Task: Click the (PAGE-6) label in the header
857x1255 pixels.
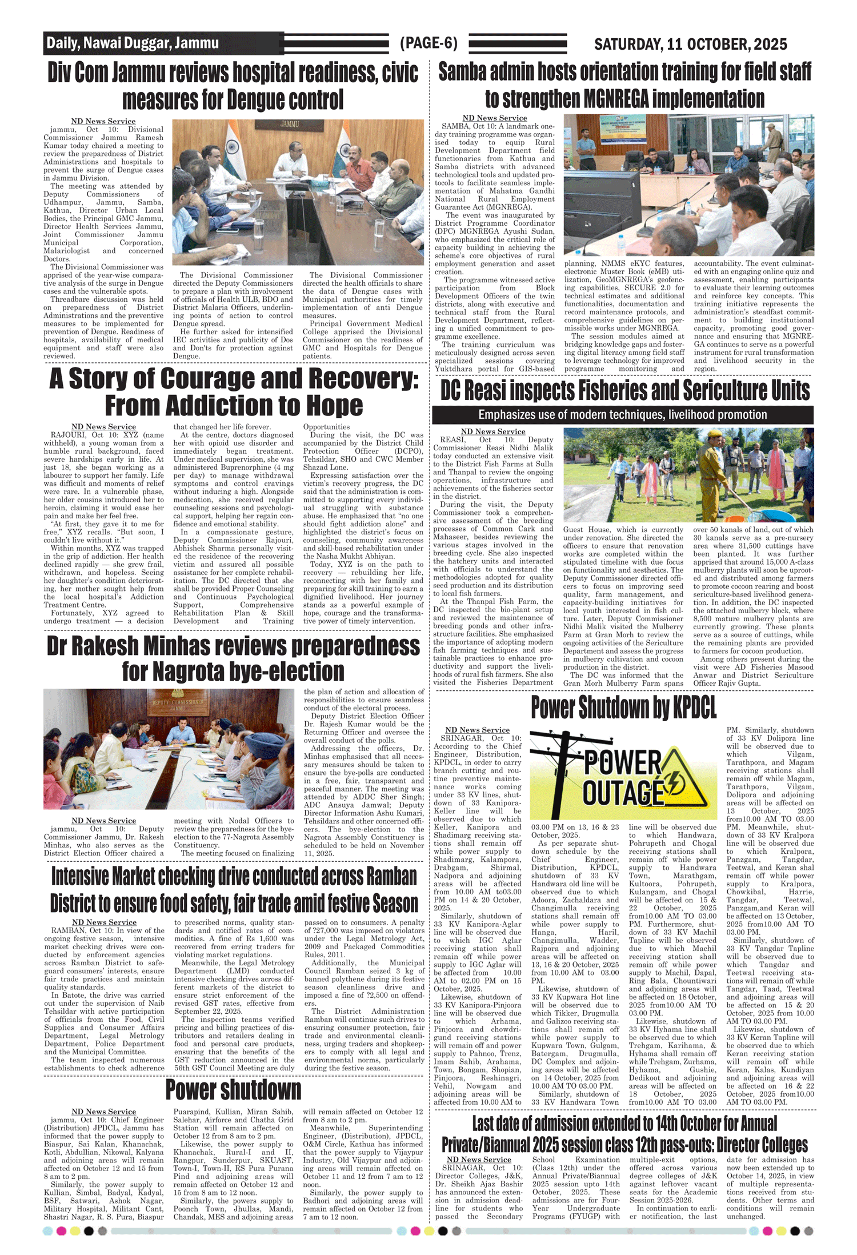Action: [428, 43]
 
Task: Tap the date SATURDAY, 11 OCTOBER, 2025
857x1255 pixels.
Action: [690, 44]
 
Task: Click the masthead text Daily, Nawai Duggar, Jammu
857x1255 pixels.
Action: [133, 43]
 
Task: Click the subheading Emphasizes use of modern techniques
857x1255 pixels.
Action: [622, 414]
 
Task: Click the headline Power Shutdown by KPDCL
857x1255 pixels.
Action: [623, 708]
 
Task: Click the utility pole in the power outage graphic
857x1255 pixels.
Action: [563, 772]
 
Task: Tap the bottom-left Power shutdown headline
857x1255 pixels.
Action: [233, 1090]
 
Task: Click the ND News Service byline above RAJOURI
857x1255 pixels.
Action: [103, 427]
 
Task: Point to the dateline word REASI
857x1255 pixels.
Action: [452, 439]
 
